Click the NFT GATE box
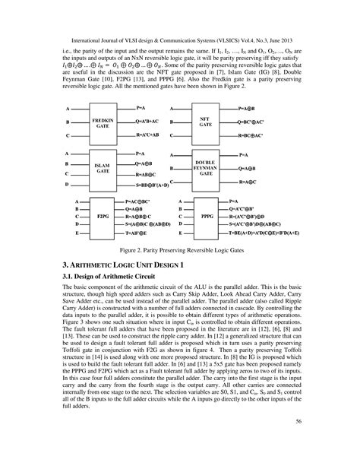pos(204,122)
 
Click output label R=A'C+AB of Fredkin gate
pos(144,135)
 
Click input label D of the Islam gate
pos(68,185)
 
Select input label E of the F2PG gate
pos(68,235)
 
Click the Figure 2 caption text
pos(179,248)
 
